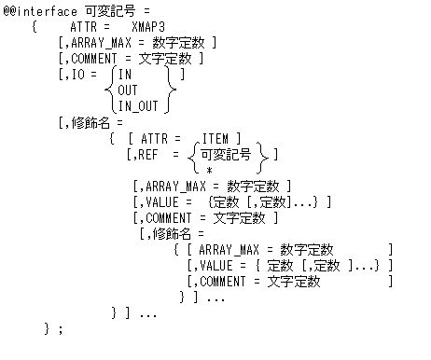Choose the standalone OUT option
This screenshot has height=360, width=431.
pos(128,90)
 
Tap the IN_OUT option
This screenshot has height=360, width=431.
pos(138,105)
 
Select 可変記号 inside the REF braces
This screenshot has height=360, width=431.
pos(225,155)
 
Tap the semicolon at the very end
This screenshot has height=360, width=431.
pos(61,328)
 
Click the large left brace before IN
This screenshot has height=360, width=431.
pos(110,90)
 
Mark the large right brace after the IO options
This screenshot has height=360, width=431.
pos(173,90)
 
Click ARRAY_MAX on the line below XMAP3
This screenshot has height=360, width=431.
pos(97,43)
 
